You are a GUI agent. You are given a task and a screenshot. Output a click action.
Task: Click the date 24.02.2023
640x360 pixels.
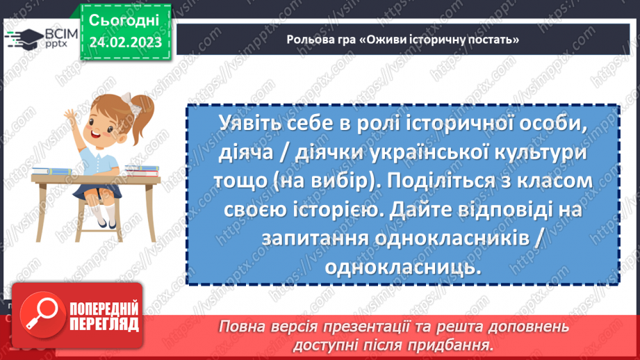(x=125, y=42)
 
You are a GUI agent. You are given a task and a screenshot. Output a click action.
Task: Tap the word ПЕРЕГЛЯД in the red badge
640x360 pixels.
(x=104, y=324)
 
